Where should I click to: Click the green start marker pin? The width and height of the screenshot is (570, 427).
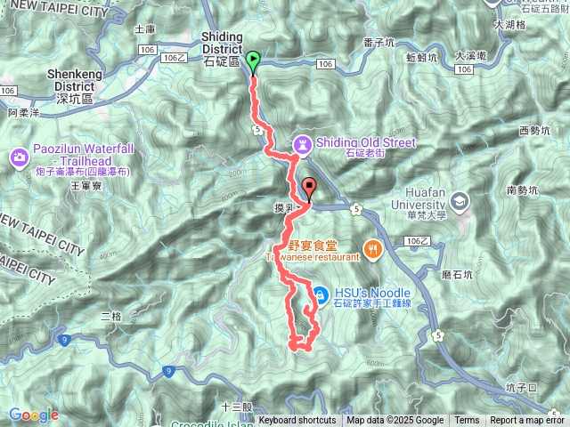252,61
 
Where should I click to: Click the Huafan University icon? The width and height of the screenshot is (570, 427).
460,200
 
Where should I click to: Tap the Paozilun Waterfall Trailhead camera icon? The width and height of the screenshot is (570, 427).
19,157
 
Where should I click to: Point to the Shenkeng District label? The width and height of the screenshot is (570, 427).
61,80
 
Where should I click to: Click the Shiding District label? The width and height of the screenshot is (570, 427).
217,50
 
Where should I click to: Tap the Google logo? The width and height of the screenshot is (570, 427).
33,415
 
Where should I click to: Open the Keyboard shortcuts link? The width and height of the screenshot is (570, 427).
297,421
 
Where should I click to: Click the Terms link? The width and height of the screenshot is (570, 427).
467,421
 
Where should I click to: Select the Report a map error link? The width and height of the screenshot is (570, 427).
527,421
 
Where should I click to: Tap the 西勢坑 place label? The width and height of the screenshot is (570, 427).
534,132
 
